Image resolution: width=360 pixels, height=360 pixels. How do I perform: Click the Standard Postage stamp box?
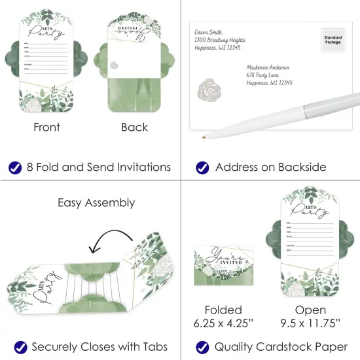coord(333,41)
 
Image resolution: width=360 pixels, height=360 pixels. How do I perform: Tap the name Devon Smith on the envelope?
coord(208,32)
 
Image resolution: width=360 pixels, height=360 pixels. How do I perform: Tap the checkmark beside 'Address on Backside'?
coord(202,168)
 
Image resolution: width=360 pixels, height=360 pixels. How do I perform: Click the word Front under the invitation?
coord(46,128)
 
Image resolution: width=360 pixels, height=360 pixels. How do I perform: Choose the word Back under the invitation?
coord(134,128)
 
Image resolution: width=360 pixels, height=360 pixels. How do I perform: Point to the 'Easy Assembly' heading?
coord(96,203)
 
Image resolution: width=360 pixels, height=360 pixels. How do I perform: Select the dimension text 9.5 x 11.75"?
coord(311,323)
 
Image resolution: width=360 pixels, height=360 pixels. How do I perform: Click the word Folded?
coord(223,310)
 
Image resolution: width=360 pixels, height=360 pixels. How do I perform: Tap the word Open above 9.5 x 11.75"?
coord(310,310)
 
